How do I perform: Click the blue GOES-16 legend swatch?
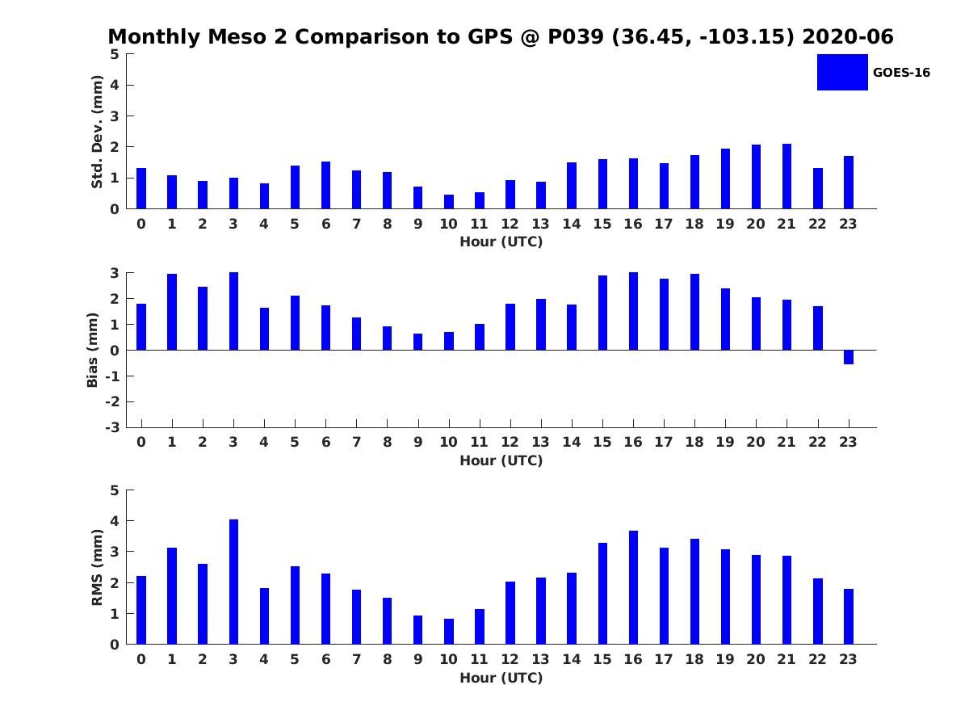pos(842,73)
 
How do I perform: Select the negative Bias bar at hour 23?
pos(848,357)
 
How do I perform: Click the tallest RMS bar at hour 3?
pos(233,582)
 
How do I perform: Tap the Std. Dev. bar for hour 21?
pos(787,176)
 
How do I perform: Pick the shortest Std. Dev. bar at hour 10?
pos(448,202)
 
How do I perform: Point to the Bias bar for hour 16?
pos(633,311)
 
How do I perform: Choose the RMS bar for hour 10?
pos(448,632)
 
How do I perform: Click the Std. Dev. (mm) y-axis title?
pos(97,132)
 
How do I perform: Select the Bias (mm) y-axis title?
pos(92,350)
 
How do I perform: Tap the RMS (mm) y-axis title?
pos(97,567)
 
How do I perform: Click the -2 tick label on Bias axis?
pos(112,401)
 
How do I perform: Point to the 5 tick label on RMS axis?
pos(115,490)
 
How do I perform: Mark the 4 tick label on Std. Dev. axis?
pos(115,85)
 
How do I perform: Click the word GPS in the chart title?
pos(490,36)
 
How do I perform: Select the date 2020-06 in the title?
pos(848,36)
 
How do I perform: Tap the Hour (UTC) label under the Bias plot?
pos(501,460)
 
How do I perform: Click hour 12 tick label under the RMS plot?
pos(510,659)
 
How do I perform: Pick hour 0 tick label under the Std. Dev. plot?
pos(141,224)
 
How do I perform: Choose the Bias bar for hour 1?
pos(172,312)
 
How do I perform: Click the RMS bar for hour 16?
pos(633,587)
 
